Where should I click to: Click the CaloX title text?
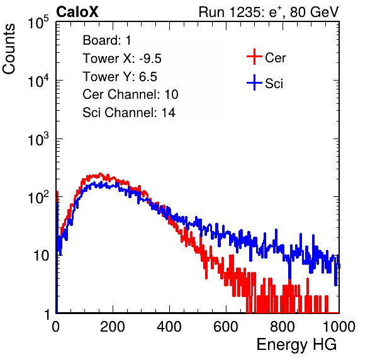point(77,12)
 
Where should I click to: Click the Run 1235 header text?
point(269,12)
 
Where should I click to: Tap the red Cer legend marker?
point(254,57)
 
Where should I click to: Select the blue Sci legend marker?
point(254,83)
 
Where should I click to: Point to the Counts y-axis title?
point(9,49)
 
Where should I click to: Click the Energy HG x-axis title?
point(296,345)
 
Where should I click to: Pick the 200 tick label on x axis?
point(113,327)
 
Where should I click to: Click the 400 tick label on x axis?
point(169,327)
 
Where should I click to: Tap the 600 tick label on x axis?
point(226,327)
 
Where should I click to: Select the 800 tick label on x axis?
point(283,327)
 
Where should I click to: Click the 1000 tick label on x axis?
point(339,327)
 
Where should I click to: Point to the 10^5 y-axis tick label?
point(38,22)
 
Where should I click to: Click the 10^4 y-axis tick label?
point(38,81)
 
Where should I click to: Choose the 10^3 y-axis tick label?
point(38,139)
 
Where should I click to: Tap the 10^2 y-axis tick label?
point(38,198)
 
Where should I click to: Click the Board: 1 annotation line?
point(107,40)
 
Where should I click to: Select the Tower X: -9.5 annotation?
point(122,59)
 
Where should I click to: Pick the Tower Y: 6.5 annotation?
point(120,77)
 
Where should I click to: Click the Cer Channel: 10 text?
point(130,94)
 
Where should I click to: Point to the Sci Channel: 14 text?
point(129,113)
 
